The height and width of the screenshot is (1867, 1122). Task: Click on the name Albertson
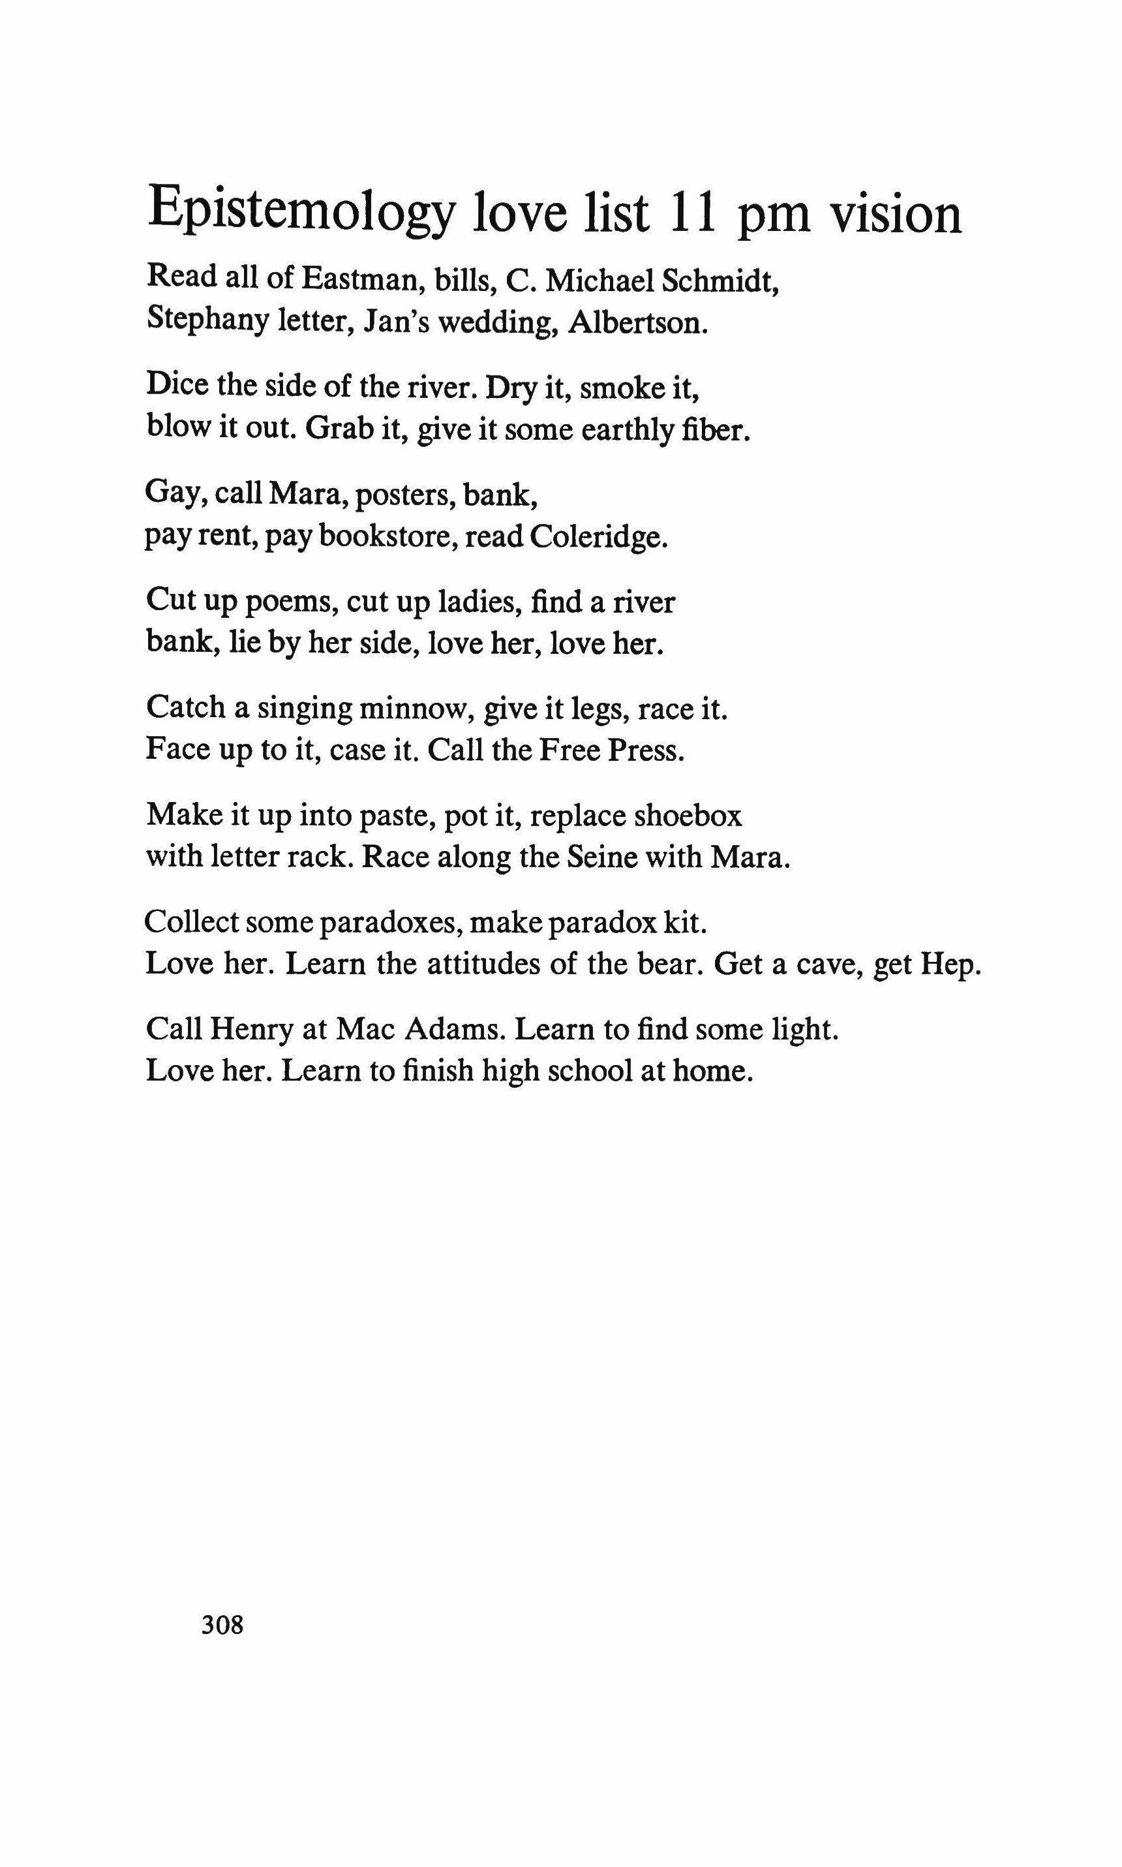click(638, 323)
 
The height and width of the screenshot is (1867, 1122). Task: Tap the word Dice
click(176, 385)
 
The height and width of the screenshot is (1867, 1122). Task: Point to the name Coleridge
click(599, 537)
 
